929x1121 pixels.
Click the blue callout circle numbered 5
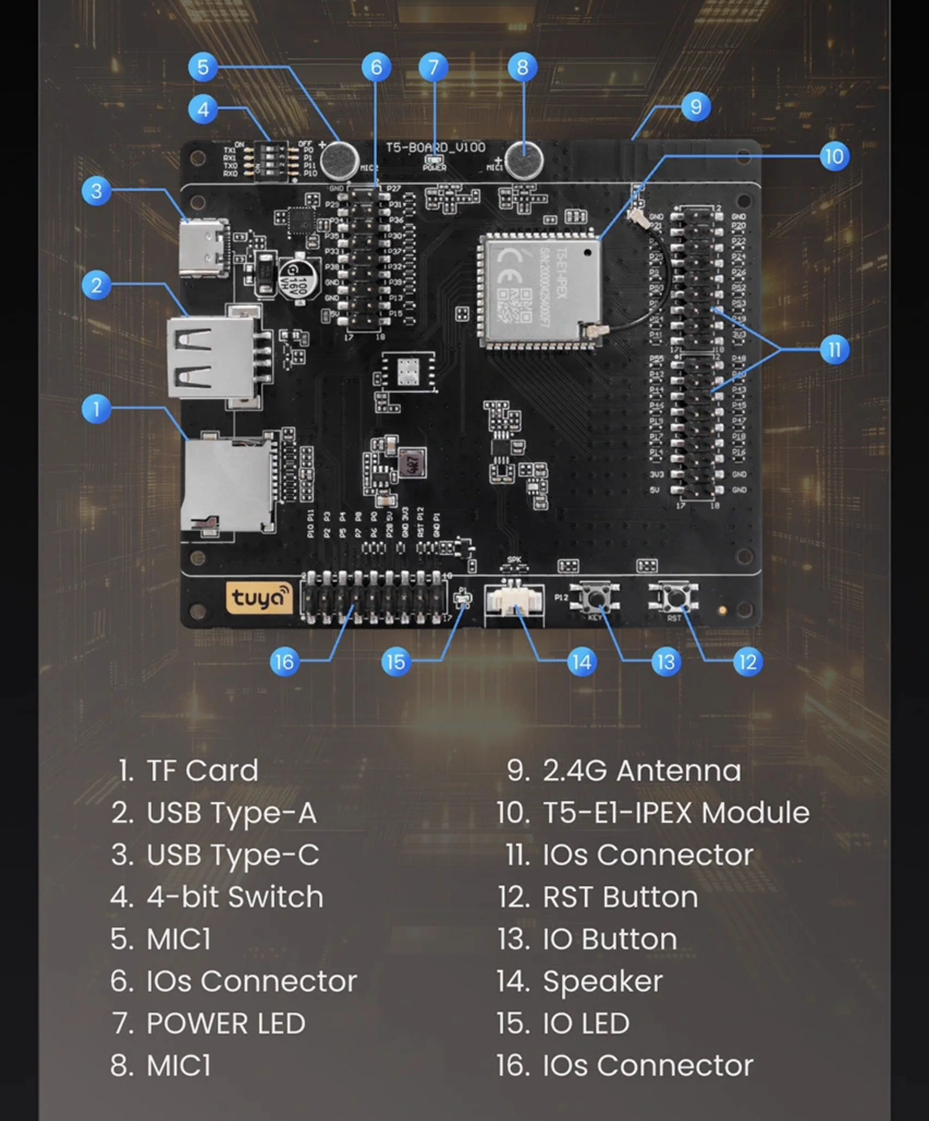tap(203, 67)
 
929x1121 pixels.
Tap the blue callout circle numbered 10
tap(834, 156)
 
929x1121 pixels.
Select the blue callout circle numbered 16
tap(284, 662)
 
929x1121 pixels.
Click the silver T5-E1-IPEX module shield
tap(539, 290)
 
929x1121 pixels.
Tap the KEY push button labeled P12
tap(595, 597)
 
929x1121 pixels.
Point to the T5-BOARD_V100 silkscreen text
tap(435, 147)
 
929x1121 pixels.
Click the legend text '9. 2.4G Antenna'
tap(623, 771)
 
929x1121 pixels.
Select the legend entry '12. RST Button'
tap(597, 897)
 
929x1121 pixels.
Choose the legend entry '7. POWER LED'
tap(208, 1023)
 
